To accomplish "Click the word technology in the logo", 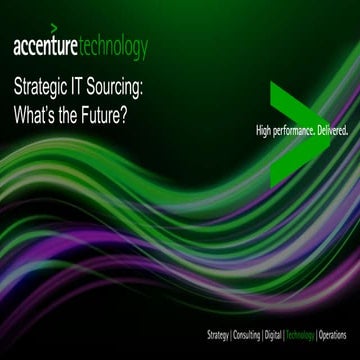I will pyautogui.click(x=115, y=47).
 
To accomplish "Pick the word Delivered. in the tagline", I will pyautogui.click(x=334, y=130).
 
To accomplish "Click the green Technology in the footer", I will pyautogui.click(x=300, y=332).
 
